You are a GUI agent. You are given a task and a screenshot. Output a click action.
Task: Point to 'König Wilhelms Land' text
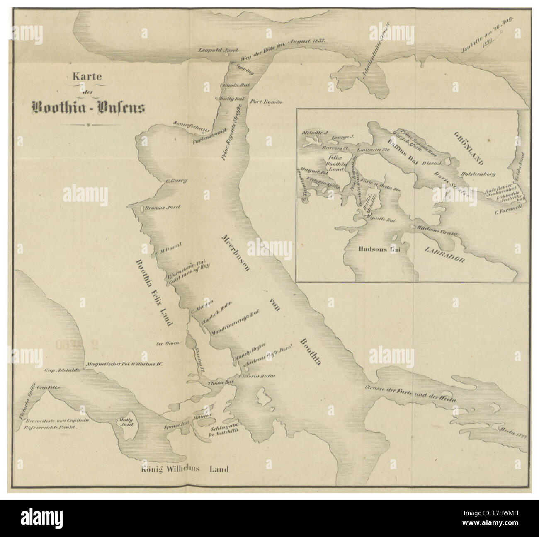click(185, 469)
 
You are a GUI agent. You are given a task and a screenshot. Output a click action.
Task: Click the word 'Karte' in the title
click(87, 77)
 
